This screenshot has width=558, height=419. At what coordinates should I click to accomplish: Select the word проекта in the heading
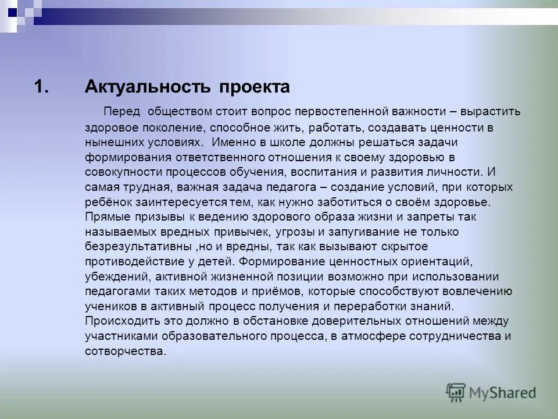tap(254, 87)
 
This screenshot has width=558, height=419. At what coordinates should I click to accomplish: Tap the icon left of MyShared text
tap(456, 393)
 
